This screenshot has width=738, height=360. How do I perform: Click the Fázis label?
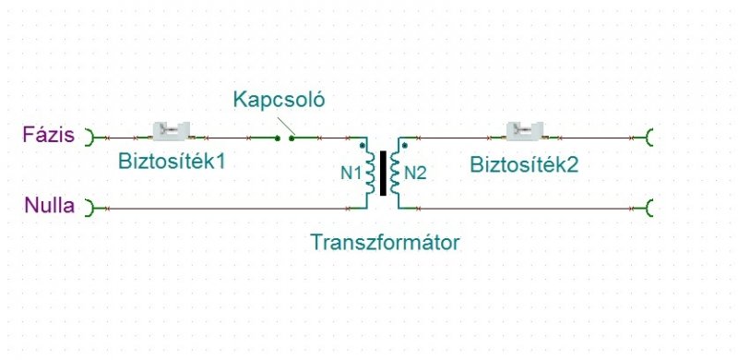pyautogui.click(x=49, y=136)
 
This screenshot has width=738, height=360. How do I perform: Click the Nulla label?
pyautogui.click(x=50, y=206)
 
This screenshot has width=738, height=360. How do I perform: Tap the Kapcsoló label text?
pyautogui.click(x=280, y=101)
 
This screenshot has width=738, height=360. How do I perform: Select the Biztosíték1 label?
pyautogui.click(x=172, y=162)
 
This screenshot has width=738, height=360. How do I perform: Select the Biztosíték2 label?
pyautogui.click(x=524, y=165)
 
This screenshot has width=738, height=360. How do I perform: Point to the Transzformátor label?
pyautogui.click(x=385, y=243)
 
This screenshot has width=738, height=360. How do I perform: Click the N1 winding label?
pyautogui.click(x=351, y=174)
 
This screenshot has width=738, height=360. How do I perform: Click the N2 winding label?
pyautogui.click(x=415, y=174)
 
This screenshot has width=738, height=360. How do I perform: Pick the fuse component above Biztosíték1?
pyautogui.click(x=172, y=131)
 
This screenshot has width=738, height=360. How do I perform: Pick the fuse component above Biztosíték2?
pyautogui.click(x=524, y=131)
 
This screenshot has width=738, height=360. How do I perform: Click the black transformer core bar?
pyautogui.click(x=383, y=173)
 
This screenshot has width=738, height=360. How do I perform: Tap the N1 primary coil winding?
pyautogui.click(x=371, y=173)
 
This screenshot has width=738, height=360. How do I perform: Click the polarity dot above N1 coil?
pyautogui.click(x=362, y=146)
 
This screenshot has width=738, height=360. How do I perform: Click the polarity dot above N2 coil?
pyautogui.click(x=405, y=146)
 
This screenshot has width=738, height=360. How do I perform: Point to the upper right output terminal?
pyautogui.click(x=649, y=138)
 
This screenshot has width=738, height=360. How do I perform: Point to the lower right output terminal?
pyautogui.click(x=649, y=208)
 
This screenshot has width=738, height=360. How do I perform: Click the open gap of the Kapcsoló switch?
pyautogui.click(x=284, y=138)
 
